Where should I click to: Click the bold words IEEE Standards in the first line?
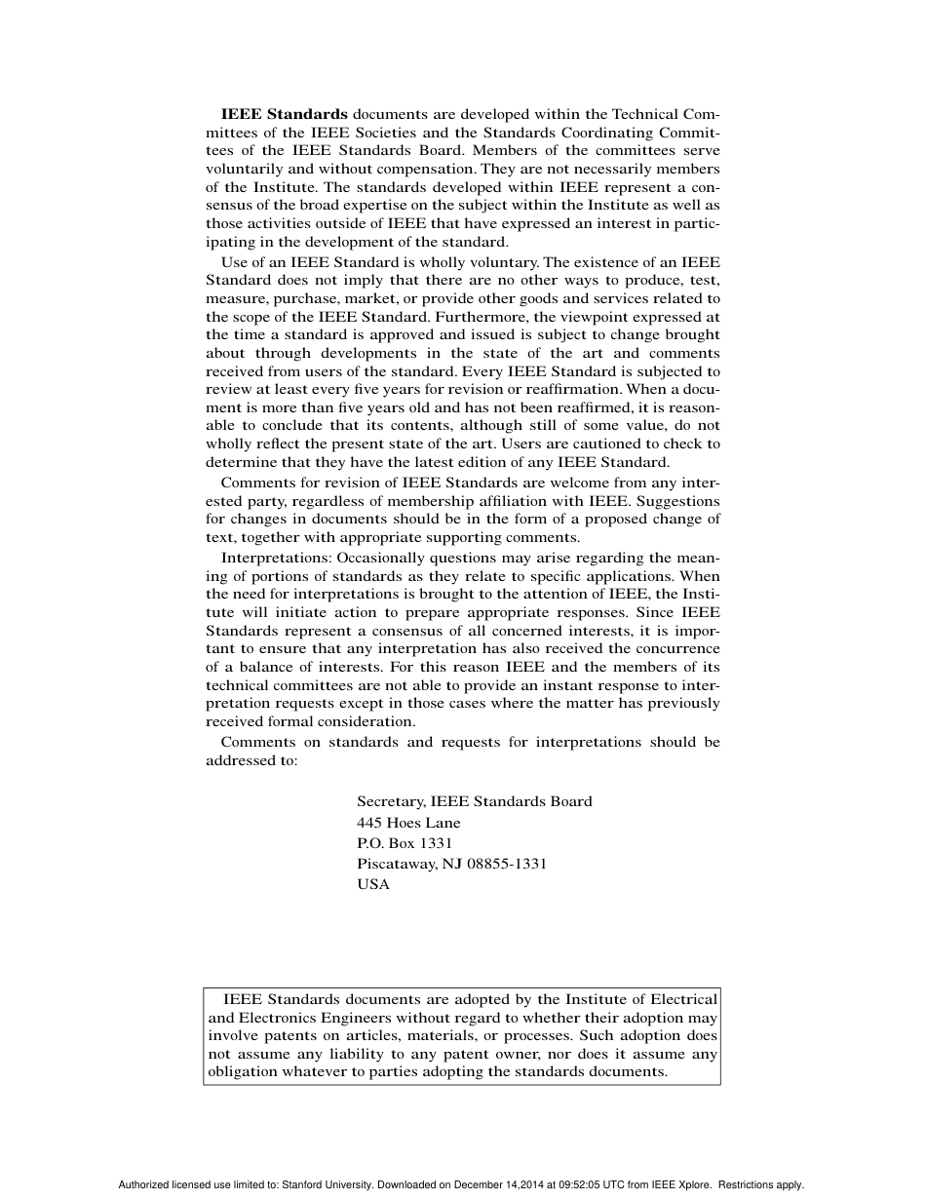point(284,114)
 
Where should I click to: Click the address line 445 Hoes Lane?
point(408,823)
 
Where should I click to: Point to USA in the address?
point(372,885)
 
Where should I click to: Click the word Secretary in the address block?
point(389,801)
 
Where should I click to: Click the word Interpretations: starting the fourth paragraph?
point(277,558)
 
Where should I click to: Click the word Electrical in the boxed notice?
point(683,999)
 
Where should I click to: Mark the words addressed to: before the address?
point(251,760)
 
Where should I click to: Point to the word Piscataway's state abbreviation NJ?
point(453,864)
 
